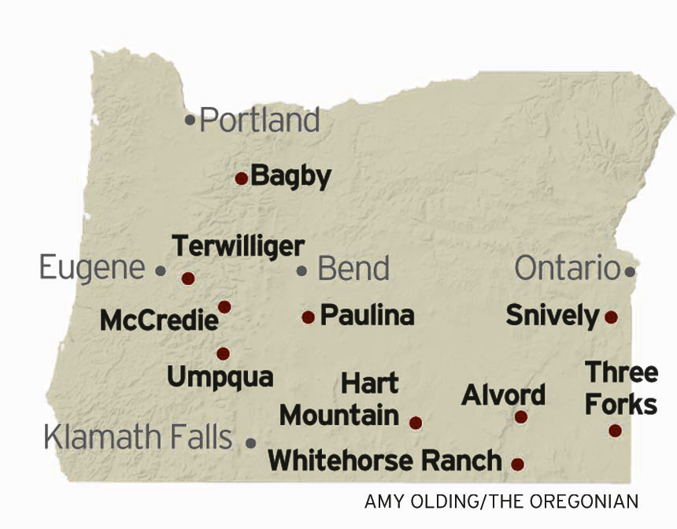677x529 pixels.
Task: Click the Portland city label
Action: tap(260, 120)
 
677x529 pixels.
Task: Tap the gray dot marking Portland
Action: tap(190, 120)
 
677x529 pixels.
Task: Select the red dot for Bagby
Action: tap(242, 179)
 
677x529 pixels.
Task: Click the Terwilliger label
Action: tap(238, 246)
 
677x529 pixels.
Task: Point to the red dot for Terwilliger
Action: tap(187, 278)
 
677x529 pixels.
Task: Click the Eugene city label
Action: tap(92, 268)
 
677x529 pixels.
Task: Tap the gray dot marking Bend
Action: tap(302, 271)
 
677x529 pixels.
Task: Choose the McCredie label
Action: tap(158, 320)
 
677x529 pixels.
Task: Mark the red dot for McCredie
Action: tap(224, 306)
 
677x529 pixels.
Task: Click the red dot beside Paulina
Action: tap(308, 317)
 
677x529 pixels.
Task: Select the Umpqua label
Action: tap(220, 376)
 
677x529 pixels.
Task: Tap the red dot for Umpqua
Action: tap(223, 353)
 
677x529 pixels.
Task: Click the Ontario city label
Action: tap(567, 268)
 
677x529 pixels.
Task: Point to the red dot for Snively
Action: tap(611, 317)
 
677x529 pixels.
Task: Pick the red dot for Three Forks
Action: tap(615, 431)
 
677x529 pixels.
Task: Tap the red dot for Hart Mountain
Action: tap(416, 423)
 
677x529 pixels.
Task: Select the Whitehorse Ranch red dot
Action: tap(517, 464)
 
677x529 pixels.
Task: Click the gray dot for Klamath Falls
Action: tap(251, 443)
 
